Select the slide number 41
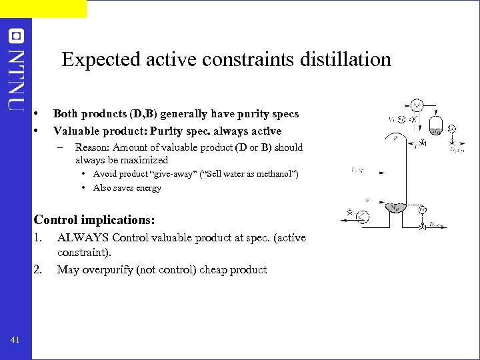[x=15, y=341]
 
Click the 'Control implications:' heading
[x=94, y=220]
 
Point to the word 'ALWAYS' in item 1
[x=83, y=238]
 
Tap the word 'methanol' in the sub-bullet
[x=275, y=175]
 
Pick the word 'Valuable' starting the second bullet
[x=75, y=131]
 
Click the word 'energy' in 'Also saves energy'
[x=149, y=188]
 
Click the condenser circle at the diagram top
[x=416, y=105]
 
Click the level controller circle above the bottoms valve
[x=422, y=210]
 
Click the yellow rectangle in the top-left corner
[x=43, y=9]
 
